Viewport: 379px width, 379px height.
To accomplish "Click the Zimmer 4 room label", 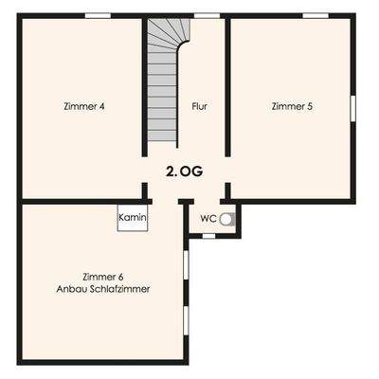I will [x=84, y=106].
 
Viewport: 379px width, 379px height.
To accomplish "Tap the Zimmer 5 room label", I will [x=291, y=106].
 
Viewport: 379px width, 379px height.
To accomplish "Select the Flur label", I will [x=199, y=106].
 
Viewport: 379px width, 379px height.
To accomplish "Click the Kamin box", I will [x=132, y=219].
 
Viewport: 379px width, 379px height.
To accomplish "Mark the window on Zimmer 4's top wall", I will [x=98, y=16].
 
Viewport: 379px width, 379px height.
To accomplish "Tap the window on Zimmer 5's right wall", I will [x=353, y=106].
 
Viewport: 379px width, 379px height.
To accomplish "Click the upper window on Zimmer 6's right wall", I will [x=186, y=259].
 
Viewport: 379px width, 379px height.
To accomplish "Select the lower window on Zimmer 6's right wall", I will [x=186, y=318].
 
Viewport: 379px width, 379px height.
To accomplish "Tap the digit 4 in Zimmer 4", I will [x=101, y=106].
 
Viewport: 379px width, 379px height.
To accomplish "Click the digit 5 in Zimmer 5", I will [x=309, y=106].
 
